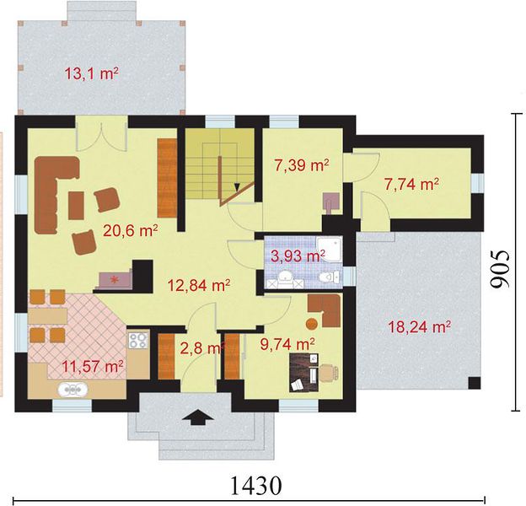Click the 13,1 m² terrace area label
click(x=91, y=73)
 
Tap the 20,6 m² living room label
click(x=131, y=230)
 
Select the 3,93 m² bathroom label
click(x=298, y=256)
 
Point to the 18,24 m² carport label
click(x=419, y=327)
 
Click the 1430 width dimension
click(x=256, y=485)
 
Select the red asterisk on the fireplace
click(x=115, y=279)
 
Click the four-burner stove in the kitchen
click(x=138, y=340)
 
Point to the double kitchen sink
click(x=73, y=390)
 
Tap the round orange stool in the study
click(x=312, y=324)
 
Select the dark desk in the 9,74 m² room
click(x=303, y=373)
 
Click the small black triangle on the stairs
click(x=237, y=187)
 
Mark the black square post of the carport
click(x=475, y=383)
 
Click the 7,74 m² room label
click(x=411, y=184)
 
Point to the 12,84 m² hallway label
click(x=199, y=286)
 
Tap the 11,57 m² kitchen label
click(x=92, y=366)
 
